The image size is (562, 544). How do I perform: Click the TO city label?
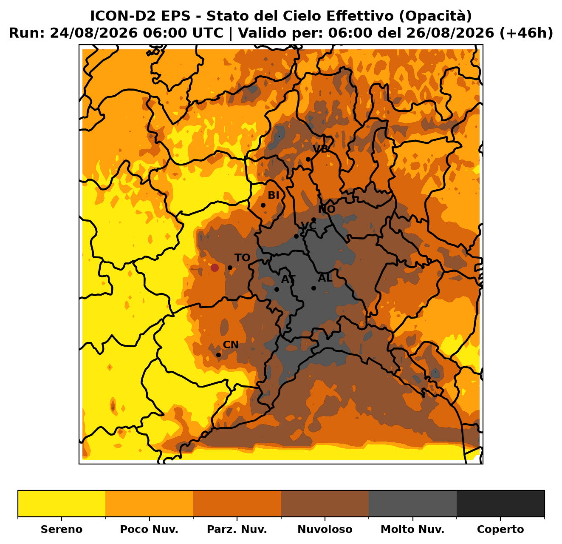click(x=242, y=257)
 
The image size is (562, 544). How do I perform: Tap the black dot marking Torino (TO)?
click(x=230, y=268)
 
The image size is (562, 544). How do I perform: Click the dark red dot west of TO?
click(x=215, y=268)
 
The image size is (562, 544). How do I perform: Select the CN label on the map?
click(x=231, y=345)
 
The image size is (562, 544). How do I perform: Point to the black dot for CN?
click(x=219, y=355)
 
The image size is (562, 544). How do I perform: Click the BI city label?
click(x=274, y=195)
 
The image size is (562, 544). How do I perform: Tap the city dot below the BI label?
click(x=263, y=205)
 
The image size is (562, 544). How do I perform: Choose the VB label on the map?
click(x=321, y=148)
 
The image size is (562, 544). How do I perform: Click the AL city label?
click(x=325, y=278)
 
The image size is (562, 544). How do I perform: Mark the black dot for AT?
click(x=277, y=289)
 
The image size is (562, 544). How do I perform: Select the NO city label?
click(x=327, y=209)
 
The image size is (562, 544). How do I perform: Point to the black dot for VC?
click(x=297, y=236)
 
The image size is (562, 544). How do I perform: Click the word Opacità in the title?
click(x=436, y=16)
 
